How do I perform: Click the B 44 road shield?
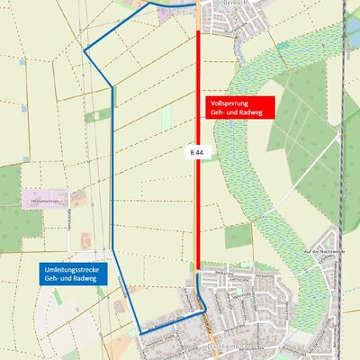(195, 153)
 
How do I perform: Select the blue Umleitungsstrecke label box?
(76, 275)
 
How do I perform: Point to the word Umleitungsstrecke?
(76, 270)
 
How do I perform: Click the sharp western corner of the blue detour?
(85, 51)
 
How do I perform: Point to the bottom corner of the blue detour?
(140, 334)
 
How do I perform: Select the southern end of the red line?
(198, 267)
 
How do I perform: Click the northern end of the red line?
(198, 31)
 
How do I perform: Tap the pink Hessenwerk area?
(56, 195)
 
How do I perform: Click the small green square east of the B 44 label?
(238, 235)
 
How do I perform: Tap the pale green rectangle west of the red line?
(166, 117)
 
